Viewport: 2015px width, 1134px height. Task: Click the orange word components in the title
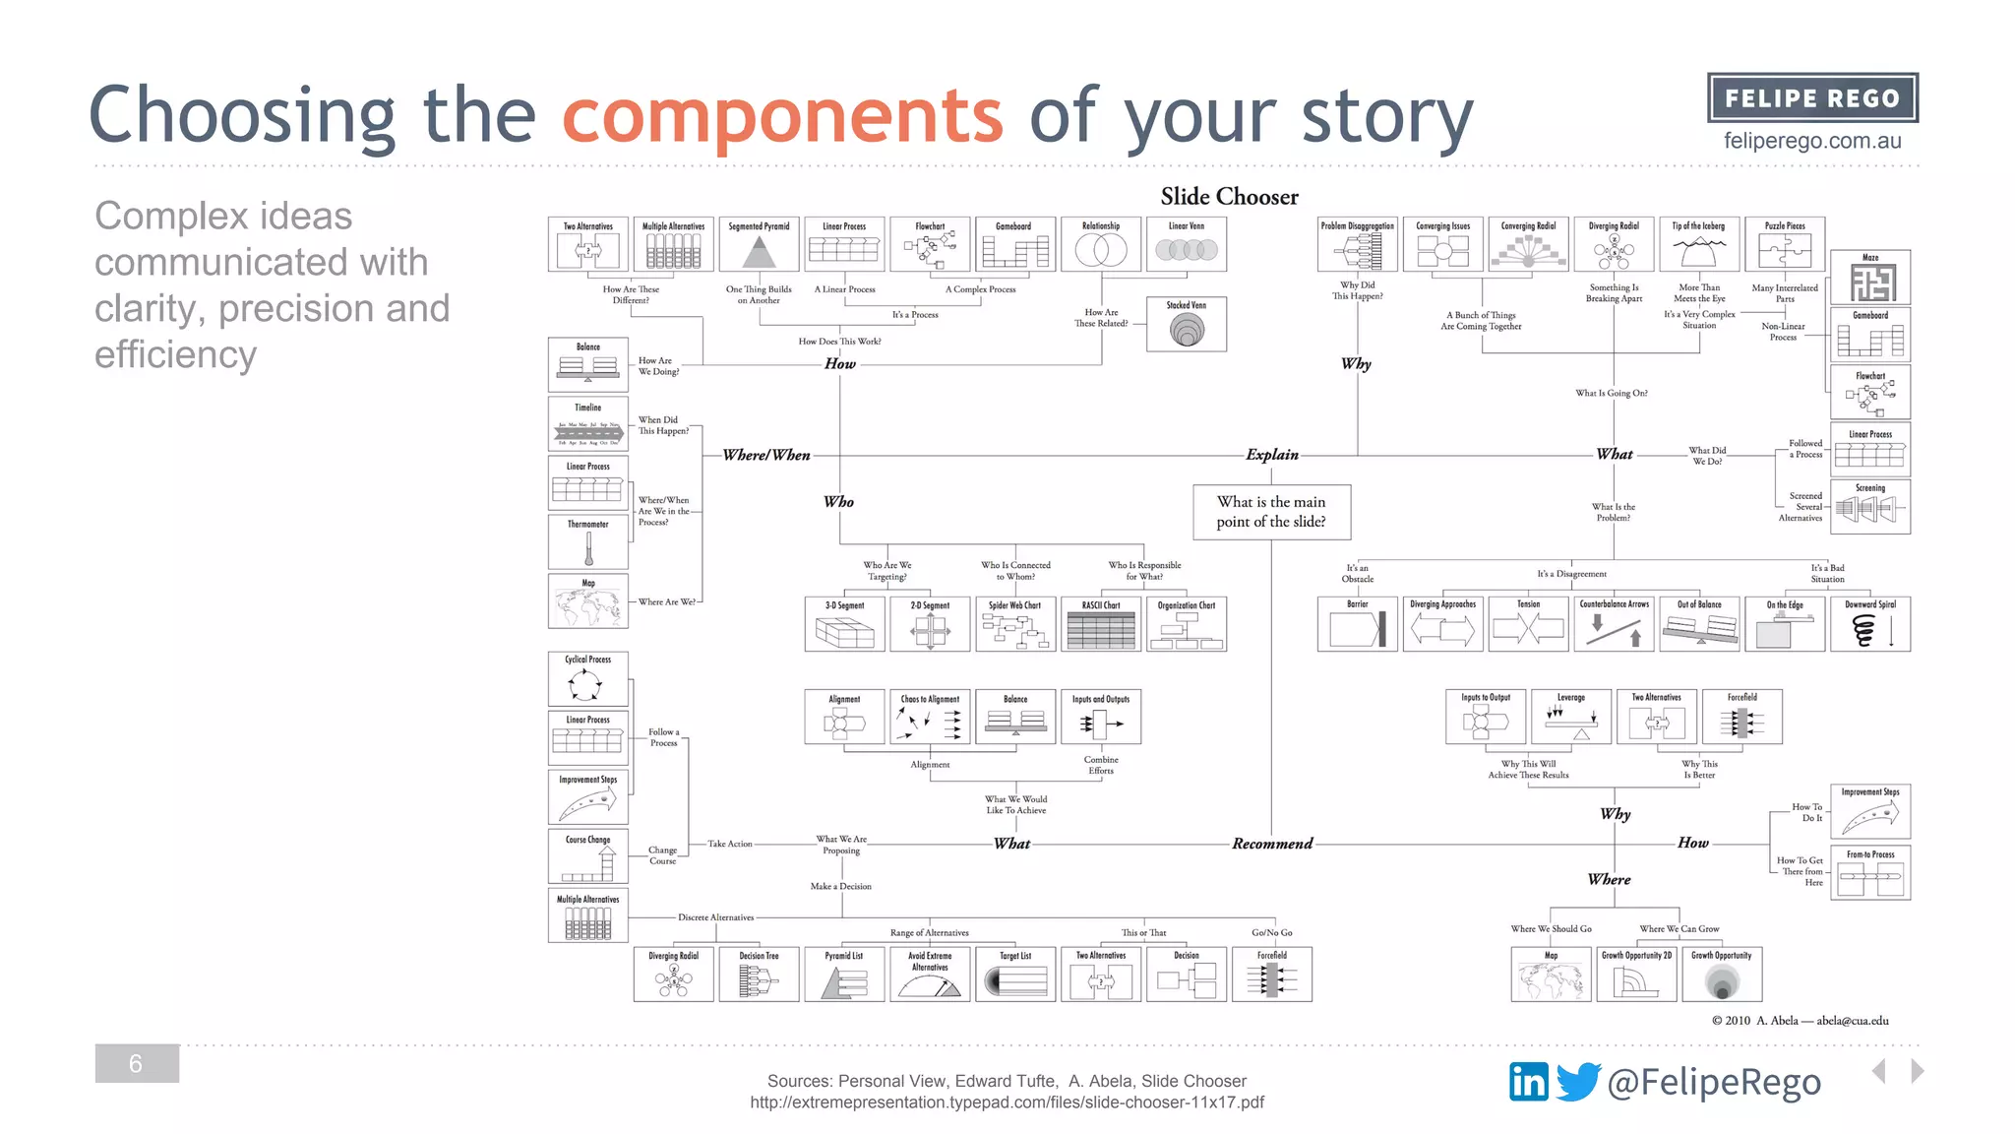pyautogui.click(x=782, y=116)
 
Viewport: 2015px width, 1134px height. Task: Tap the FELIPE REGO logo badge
pyautogui.click(x=1812, y=98)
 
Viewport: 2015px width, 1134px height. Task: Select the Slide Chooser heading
pyautogui.click(x=1229, y=197)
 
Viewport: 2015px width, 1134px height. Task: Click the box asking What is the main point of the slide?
pyautogui.click(x=1271, y=512)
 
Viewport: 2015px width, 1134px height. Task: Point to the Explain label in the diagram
pyautogui.click(x=1272, y=455)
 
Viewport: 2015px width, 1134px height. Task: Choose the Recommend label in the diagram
pyautogui.click(x=1272, y=844)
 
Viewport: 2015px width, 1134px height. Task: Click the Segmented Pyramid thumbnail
pyautogui.click(x=759, y=244)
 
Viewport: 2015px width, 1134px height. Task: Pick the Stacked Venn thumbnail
pyautogui.click(x=1187, y=325)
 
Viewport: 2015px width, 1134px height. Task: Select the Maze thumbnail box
pyautogui.click(x=1870, y=278)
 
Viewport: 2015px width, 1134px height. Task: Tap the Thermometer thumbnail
pyautogui.click(x=588, y=542)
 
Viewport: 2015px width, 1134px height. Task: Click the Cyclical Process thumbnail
pyautogui.click(x=588, y=678)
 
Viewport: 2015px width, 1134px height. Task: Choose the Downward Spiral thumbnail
pyautogui.click(x=1870, y=624)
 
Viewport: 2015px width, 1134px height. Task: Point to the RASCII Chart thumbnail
pyautogui.click(x=1101, y=624)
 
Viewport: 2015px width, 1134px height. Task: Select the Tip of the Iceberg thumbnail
pyautogui.click(x=1699, y=244)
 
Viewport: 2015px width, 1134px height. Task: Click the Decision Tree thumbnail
pyautogui.click(x=759, y=975)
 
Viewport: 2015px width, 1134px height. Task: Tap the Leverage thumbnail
pyautogui.click(x=1571, y=717)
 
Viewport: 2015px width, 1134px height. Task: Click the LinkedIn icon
pyautogui.click(x=1529, y=1082)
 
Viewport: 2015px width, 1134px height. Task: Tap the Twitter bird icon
pyautogui.click(x=1578, y=1082)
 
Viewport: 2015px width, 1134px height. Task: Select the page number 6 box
pyautogui.click(x=137, y=1063)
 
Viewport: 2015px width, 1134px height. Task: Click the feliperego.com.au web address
pyautogui.click(x=1812, y=141)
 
